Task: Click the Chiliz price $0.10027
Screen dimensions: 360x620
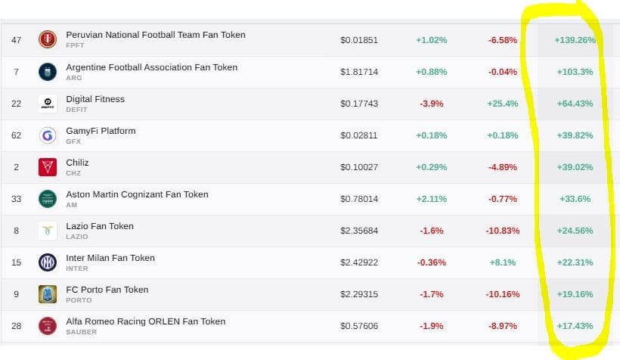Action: point(358,167)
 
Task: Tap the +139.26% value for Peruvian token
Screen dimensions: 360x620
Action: point(574,40)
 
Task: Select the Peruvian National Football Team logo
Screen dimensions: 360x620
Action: point(48,40)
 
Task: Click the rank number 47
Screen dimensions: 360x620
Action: point(16,40)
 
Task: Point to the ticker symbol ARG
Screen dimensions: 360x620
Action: point(73,78)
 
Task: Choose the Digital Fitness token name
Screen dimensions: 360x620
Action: point(95,99)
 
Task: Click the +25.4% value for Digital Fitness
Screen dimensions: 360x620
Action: point(502,104)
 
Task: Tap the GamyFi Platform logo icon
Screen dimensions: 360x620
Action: point(48,135)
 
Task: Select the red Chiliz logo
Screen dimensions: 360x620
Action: point(48,167)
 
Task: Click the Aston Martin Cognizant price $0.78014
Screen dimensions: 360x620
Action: point(358,199)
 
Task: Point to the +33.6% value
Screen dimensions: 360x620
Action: point(574,199)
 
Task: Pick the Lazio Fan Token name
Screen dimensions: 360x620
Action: point(100,226)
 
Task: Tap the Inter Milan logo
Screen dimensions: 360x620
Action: point(48,262)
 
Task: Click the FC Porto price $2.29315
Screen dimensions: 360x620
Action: point(358,294)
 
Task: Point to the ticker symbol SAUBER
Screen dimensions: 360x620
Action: point(82,332)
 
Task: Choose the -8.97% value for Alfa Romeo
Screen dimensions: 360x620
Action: point(502,326)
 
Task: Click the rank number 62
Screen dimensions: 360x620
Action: point(16,135)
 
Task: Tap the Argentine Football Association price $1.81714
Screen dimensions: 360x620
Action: point(358,72)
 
